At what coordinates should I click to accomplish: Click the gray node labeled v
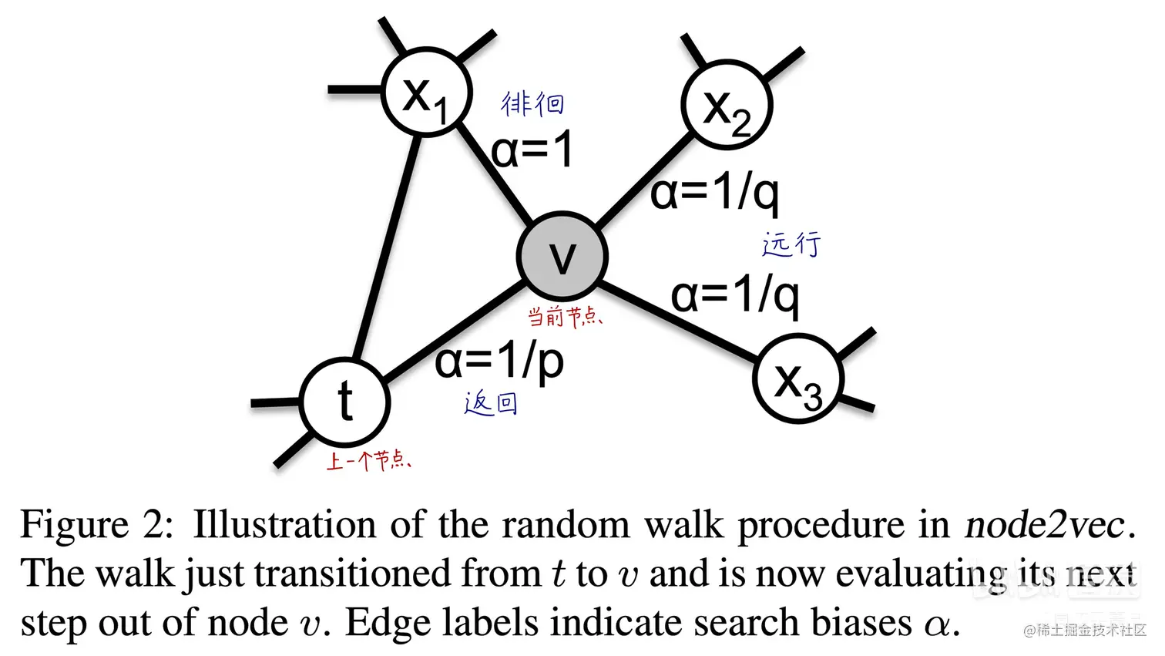562,256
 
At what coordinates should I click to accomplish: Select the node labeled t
346,402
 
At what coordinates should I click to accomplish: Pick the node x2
727,105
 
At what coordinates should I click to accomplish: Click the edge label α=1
532,149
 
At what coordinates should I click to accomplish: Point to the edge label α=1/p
499,360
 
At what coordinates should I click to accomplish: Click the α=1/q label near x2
714,192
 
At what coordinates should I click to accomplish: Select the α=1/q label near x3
735,295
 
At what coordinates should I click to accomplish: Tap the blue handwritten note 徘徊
532,103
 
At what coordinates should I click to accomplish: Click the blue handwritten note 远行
792,244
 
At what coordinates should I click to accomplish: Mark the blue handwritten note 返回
491,403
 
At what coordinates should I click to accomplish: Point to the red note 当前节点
565,316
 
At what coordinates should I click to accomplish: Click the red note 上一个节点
369,462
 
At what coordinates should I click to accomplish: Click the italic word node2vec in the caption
1046,526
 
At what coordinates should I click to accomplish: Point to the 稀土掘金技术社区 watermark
1085,631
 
